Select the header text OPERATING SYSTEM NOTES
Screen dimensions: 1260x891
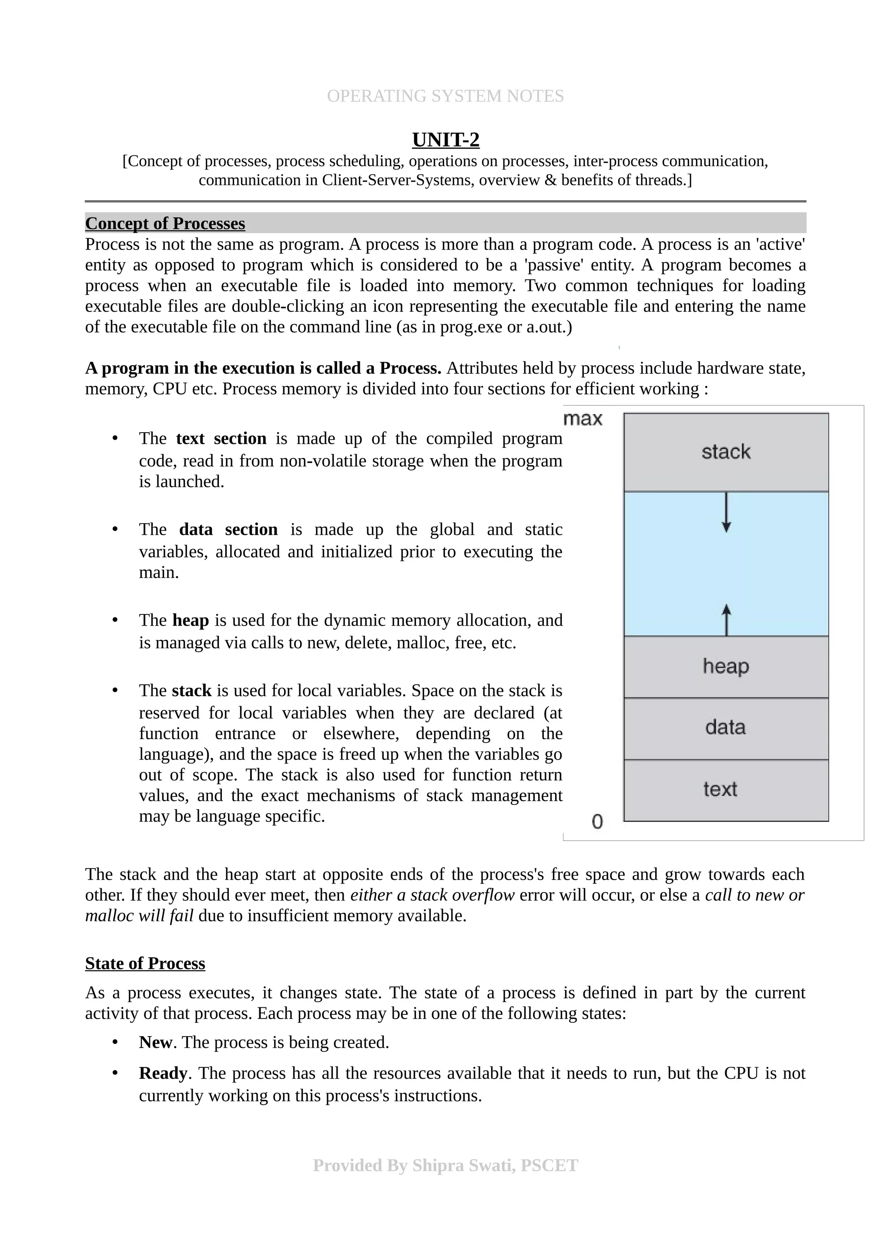[445, 96]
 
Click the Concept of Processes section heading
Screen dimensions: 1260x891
[165, 223]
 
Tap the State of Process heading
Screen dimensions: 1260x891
[145, 963]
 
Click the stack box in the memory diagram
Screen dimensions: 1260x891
[726, 452]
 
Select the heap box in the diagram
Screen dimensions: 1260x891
[726, 666]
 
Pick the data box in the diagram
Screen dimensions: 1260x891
[726, 728]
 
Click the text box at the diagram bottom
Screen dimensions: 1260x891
[726, 790]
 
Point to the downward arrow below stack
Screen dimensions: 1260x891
[726, 513]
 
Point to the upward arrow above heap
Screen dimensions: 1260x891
[726, 619]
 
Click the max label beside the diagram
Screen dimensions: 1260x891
[583, 419]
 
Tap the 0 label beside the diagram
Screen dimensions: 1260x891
[597, 822]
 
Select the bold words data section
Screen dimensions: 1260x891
[228, 530]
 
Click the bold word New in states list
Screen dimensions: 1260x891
[155, 1042]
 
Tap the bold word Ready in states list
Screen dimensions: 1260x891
[163, 1073]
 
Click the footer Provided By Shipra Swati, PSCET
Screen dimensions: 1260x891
[445, 1165]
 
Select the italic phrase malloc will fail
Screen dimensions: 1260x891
[139, 916]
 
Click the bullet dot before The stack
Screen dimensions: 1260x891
[115, 690]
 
